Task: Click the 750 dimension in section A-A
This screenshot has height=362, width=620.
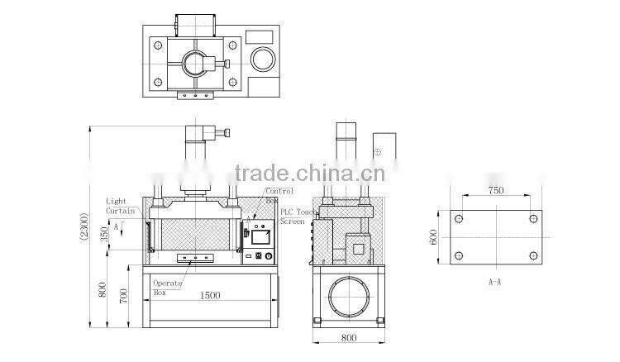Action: coord(495,190)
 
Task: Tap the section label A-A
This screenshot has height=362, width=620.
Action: coord(497,282)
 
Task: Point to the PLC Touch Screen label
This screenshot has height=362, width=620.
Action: coord(293,216)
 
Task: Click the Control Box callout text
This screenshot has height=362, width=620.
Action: coord(278,195)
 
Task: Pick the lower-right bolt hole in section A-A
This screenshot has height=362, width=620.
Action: coord(532,255)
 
